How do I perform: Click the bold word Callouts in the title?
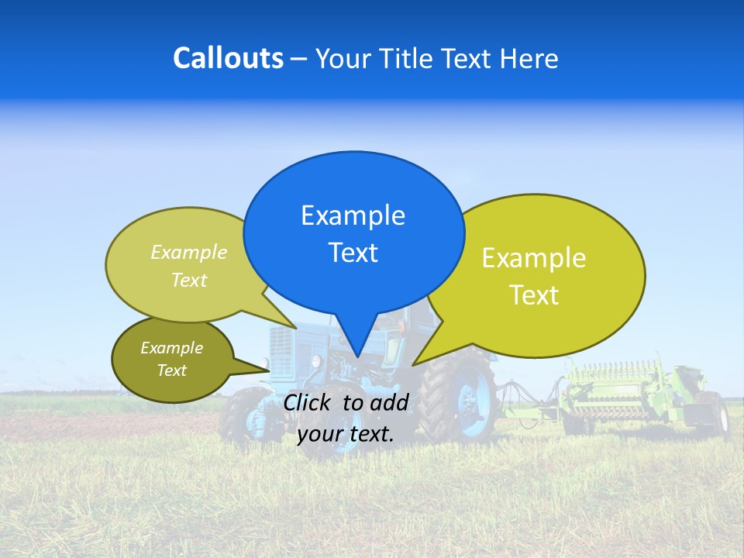click(228, 58)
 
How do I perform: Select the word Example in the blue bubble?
click(353, 215)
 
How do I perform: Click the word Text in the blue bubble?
click(353, 253)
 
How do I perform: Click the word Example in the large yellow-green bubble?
click(534, 258)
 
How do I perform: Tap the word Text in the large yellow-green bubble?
click(534, 295)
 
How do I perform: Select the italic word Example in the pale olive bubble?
click(188, 253)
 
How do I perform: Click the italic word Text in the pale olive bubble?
click(188, 280)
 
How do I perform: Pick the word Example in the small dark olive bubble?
click(171, 348)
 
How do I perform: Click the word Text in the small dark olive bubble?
click(171, 370)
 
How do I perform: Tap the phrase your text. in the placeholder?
click(345, 434)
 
